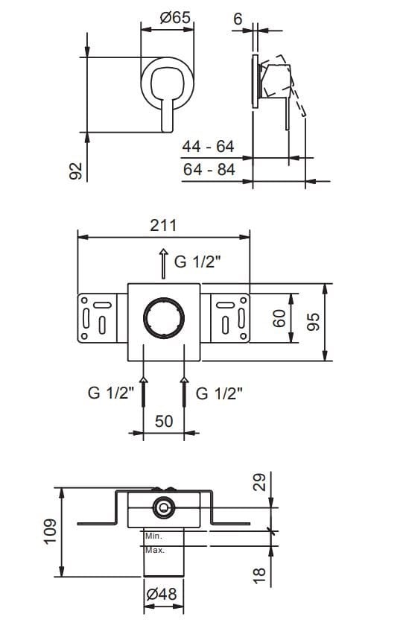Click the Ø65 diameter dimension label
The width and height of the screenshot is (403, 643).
click(x=169, y=18)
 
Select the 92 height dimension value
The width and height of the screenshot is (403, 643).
click(x=74, y=171)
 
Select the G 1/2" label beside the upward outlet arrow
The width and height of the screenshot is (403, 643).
click(x=199, y=262)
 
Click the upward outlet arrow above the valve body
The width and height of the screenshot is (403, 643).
click(x=163, y=264)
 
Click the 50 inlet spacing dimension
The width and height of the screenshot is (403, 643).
click(x=163, y=421)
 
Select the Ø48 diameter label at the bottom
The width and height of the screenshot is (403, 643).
click(x=162, y=596)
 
